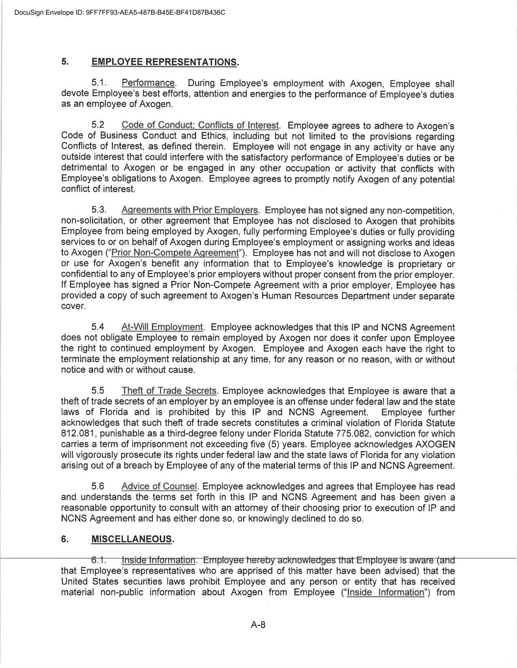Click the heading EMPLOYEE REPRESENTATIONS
pos(165,62)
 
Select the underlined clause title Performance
pos(148,83)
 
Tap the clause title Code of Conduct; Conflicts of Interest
pos(200,125)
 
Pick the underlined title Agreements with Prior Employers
pos(190,210)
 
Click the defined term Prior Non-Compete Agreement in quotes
pos(175,253)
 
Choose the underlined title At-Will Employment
pos(162,327)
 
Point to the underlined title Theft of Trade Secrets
pos(169,391)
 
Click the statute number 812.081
pos(74,434)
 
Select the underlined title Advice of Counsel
pos(159,486)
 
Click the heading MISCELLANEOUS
pos(132,539)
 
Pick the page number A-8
pos(258,624)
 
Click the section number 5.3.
pos(99,210)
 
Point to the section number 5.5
pos(98,391)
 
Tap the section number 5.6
pos(98,486)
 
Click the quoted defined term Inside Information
pos(385,593)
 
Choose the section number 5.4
pos(98,327)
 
